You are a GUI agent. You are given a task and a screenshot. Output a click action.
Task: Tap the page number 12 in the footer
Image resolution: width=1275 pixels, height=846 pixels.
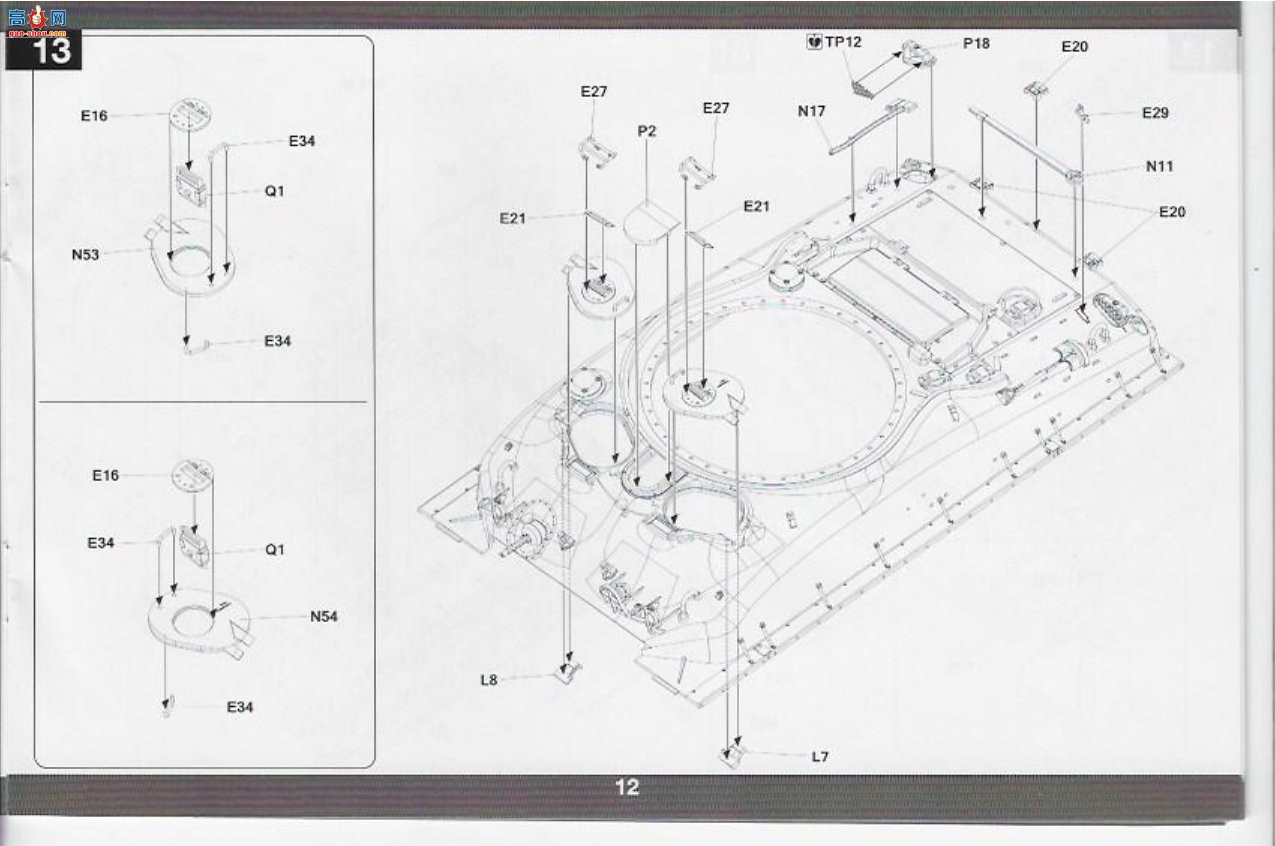tap(627, 787)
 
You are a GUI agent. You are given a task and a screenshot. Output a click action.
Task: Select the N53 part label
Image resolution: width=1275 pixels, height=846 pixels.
tap(85, 254)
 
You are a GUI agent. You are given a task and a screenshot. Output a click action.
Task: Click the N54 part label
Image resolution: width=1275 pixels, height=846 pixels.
tap(324, 617)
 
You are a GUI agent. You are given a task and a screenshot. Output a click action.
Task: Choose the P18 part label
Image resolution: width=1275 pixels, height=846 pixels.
tap(976, 43)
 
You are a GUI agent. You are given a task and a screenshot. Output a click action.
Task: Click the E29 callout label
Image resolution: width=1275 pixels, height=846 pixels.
tap(1155, 113)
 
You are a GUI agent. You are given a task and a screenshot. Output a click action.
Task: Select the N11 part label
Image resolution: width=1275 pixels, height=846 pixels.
tap(1159, 166)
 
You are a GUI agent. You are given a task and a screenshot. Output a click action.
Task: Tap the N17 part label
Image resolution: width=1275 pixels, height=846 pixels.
tap(812, 111)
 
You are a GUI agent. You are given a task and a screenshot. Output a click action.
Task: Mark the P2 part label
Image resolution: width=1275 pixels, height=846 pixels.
tap(647, 132)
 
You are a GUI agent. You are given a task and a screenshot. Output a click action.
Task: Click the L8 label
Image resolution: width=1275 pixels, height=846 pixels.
tap(489, 680)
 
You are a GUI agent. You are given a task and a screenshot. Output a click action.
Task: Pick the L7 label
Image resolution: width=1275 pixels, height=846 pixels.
tap(820, 757)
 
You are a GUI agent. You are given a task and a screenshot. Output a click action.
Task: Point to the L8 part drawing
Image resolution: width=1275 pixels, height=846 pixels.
tap(568, 673)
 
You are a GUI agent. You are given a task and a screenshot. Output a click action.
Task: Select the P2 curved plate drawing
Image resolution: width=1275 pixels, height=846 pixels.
tap(651, 224)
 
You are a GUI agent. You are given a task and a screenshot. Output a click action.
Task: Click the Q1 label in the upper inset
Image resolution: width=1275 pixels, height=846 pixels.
tap(274, 191)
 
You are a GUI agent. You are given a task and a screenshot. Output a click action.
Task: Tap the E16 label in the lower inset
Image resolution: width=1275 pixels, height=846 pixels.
tap(106, 475)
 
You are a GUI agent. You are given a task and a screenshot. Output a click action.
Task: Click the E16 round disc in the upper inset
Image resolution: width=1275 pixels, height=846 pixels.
tap(191, 113)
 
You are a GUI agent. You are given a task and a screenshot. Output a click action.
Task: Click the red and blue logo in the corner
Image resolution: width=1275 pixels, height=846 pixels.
tap(38, 19)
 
